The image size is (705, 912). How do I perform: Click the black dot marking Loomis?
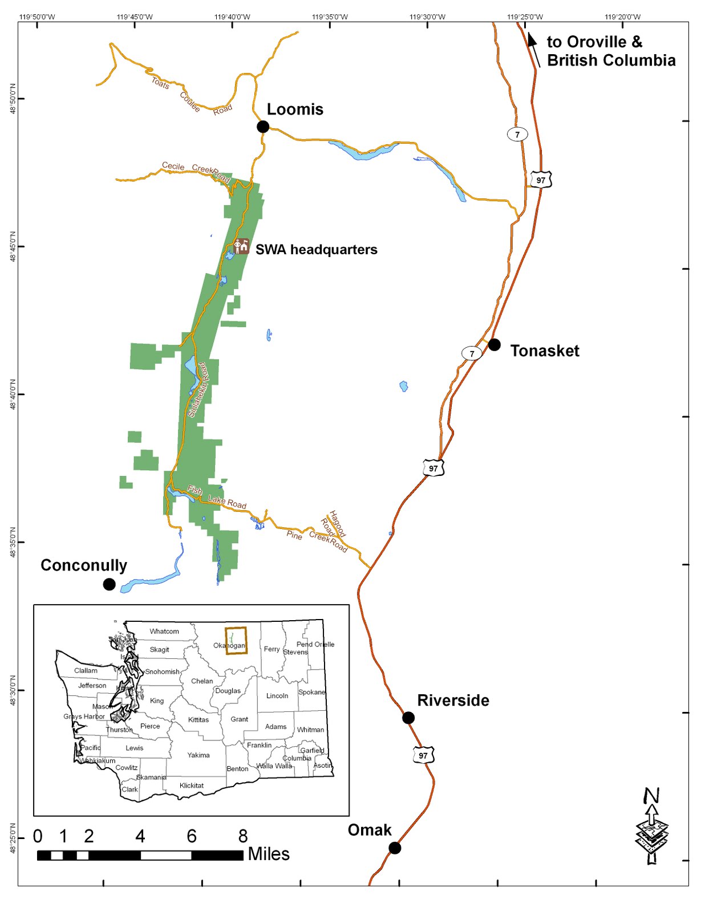[262, 127]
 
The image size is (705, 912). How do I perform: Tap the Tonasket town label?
[544, 351]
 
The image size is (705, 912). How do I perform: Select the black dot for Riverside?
[408, 718]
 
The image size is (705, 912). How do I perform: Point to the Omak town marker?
[395, 848]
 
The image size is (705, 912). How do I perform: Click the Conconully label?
[84, 565]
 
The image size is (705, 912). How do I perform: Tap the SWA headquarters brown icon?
[241, 246]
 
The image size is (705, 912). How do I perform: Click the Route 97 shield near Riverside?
[423, 756]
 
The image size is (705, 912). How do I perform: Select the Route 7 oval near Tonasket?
[472, 353]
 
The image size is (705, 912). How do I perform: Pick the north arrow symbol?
[652, 825]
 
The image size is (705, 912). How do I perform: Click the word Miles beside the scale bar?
[269, 854]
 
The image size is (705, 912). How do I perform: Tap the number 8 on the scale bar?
[243, 836]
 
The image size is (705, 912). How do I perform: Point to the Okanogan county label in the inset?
[229, 645]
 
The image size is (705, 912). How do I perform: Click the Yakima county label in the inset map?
[198, 755]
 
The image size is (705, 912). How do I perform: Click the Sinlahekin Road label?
[198, 390]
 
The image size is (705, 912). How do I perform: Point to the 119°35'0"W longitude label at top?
[330, 17]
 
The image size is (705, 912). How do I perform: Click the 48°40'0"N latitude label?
[13, 394]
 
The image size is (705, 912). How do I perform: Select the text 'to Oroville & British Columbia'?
[610, 51]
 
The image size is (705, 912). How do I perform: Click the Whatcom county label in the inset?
[164, 631]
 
